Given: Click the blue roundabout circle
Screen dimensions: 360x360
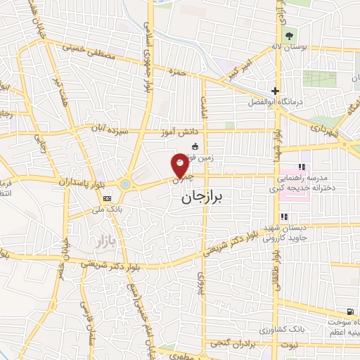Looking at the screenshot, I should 125,184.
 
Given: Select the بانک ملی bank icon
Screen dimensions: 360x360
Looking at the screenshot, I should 107,198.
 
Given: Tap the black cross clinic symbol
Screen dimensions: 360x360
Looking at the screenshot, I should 276,91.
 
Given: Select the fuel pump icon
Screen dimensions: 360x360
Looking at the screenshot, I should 349,311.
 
